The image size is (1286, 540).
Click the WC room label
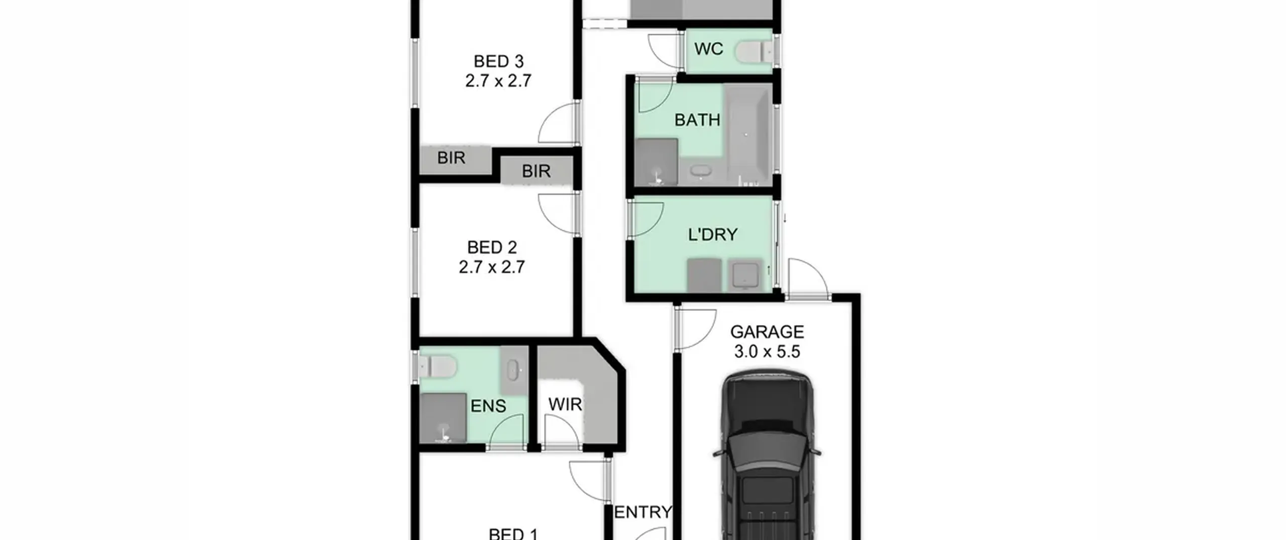(x=708, y=49)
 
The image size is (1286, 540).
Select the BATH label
(x=697, y=120)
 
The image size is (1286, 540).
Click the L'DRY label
(x=712, y=235)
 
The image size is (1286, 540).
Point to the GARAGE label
(x=767, y=332)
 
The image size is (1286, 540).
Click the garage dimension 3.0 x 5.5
(x=767, y=352)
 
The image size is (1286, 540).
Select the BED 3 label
(x=499, y=61)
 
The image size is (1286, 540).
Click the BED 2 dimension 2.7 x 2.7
(x=492, y=267)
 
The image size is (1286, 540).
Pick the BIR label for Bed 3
(x=451, y=158)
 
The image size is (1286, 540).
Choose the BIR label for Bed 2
(x=536, y=171)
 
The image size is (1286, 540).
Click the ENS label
(x=488, y=406)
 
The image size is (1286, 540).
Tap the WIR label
(x=565, y=404)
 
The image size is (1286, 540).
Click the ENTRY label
(x=643, y=512)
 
